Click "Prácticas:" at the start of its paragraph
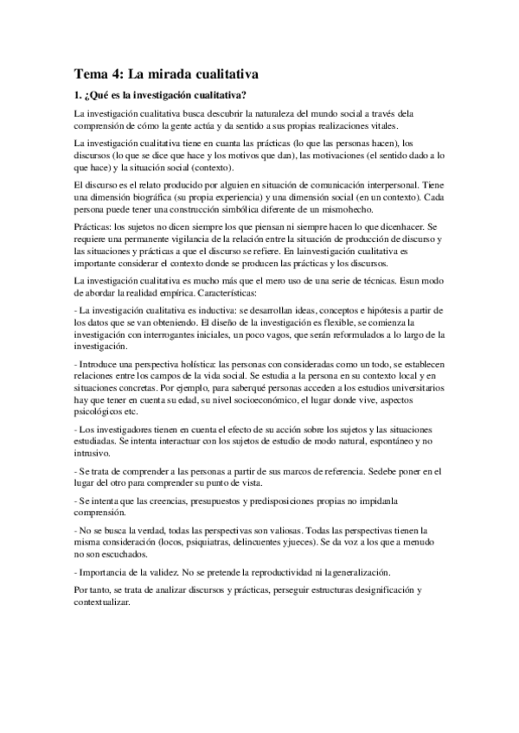(94, 226)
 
